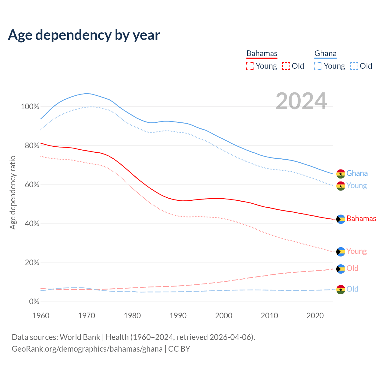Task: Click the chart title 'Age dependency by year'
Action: pyautogui.click(x=84, y=35)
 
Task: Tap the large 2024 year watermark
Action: pyautogui.click(x=301, y=101)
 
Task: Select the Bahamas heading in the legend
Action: pyautogui.click(x=262, y=53)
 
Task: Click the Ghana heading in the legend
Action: pyautogui.click(x=325, y=53)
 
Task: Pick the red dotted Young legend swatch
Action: pyautogui.click(x=250, y=66)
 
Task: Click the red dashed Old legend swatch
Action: pyautogui.click(x=286, y=66)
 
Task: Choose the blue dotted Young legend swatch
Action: pyautogui.click(x=318, y=66)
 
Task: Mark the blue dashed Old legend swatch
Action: pyautogui.click(x=354, y=66)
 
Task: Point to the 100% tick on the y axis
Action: pyautogui.click(x=30, y=106)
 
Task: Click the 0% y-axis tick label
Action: pyautogui.click(x=34, y=301)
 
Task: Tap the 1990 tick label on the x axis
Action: pyautogui.click(x=178, y=316)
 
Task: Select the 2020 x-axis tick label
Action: pyautogui.click(x=315, y=316)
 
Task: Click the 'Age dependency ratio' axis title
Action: pyautogui.click(x=13, y=192)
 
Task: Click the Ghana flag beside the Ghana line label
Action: pyautogui.click(x=340, y=174)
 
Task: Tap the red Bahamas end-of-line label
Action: pyautogui.click(x=361, y=218)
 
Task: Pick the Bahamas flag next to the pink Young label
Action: pyautogui.click(x=340, y=251)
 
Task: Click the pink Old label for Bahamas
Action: pyautogui.click(x=352, y=268)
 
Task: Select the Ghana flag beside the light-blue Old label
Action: pyautogui.click(x=340, y=289)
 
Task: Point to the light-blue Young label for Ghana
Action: pyautogui.click(x=356, y=185)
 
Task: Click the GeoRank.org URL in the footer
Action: pyautogui.click(x=87, y=349)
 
